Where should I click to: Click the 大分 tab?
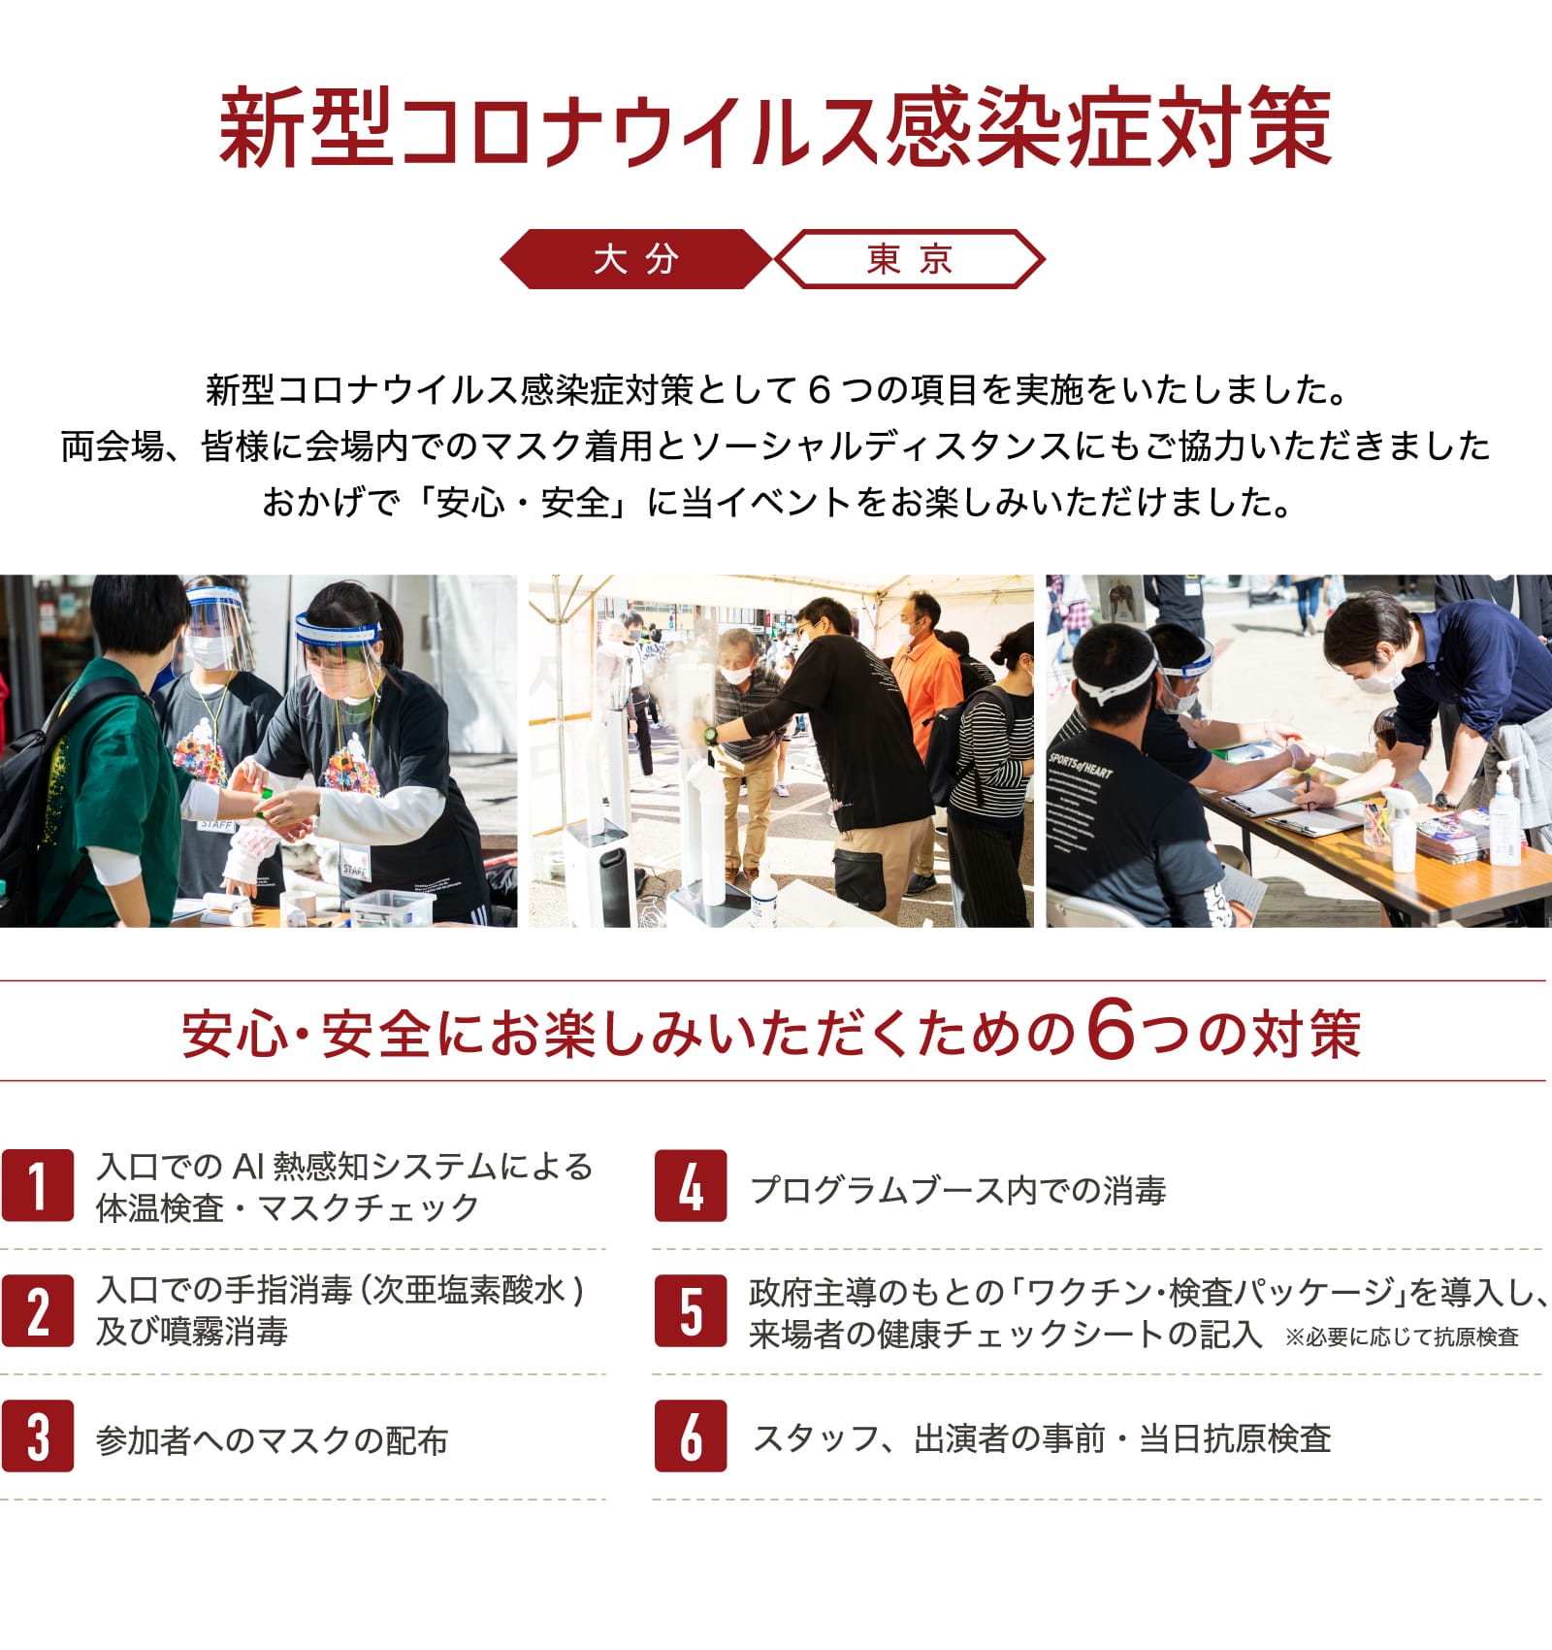pyautogui.click(x=636, y=259)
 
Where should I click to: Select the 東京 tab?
pyautogui.click(x=910, y=259)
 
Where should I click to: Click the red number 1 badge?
pyautogui.click(x=37, y=1185)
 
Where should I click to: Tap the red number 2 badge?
pyautogui.click(x=37, y=1310)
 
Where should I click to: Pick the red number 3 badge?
pyautogui.click(x=37, y=1435)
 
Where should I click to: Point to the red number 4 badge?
pyautogui.click(x=690, y=1185)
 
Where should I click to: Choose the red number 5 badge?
pyautogui.click(x=690, y=1310)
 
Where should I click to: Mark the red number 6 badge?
pyautogui.click(x=690, y=1435)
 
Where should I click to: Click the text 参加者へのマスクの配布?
pyautogui.click(x=273, y=1440)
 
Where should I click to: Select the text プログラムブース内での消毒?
pyautogui.click(x=958, y=1190)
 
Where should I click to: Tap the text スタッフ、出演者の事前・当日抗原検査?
pyautogui.click(x=1042, y=1438)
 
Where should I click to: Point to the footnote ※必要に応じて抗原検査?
pyautogui.click(x=1402, y=1337)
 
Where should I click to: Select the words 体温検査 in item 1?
pyautogui.click(x=160, y=1208)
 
